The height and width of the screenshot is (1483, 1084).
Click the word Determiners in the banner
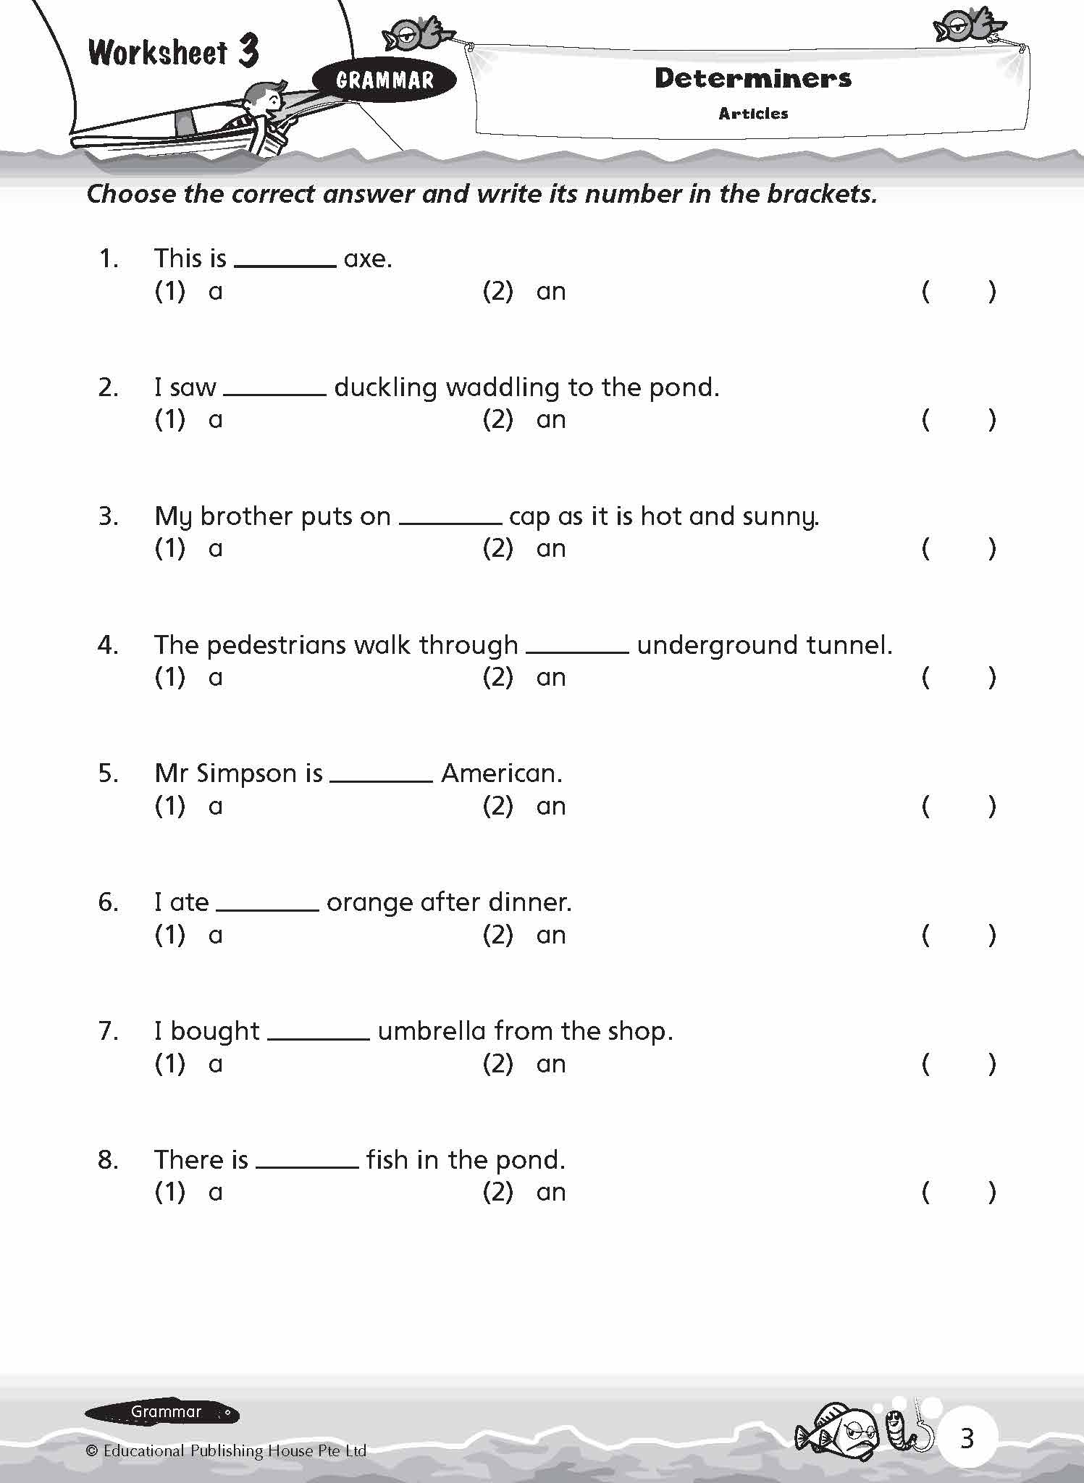tap(752, 78)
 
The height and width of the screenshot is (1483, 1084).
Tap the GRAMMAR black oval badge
tap(385, 80)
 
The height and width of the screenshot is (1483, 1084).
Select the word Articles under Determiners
tap(753, 114)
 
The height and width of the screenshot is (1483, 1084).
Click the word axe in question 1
tap(366, 259)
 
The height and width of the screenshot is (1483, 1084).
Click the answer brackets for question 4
tap(958, 678)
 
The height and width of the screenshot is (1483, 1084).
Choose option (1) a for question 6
tap(189, 936)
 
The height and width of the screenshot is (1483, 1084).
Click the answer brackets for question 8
tap(958, 1193)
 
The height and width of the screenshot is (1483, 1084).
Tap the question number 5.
tap(107, 774)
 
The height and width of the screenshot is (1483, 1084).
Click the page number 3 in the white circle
tap(967, 1437)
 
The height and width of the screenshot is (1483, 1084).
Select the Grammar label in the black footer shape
tap(166, 1411)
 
